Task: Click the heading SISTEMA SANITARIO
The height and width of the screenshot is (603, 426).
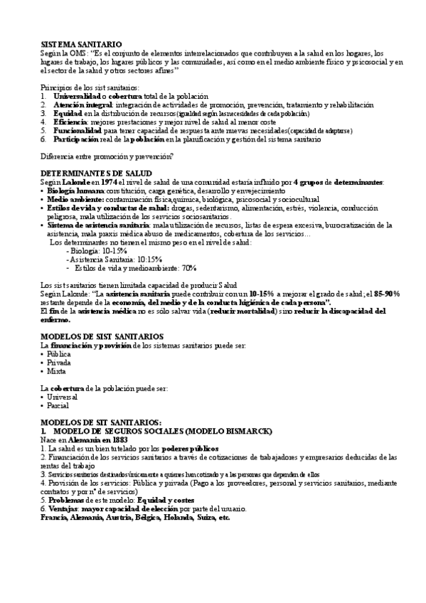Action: pyautogui.click(x=80, y=44)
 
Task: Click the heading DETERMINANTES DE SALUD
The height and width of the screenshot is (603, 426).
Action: pyautogui.click(x=95, y=174)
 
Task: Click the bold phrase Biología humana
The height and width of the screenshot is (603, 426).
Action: pyautogui.click(x=75, y=191)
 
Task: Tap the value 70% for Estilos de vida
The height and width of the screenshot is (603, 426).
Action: pyautogui.click(x=189, y=268)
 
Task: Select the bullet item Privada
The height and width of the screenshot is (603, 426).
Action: pyautogui.click(x=58, y=362)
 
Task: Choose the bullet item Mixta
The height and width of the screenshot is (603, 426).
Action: pyautogui.click(x=56, y=370)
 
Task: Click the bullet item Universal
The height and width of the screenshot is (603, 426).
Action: pyautogui.click(x=61, y=396)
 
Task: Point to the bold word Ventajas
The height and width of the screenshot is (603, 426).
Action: pyautogui.click(x=63, y=508)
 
